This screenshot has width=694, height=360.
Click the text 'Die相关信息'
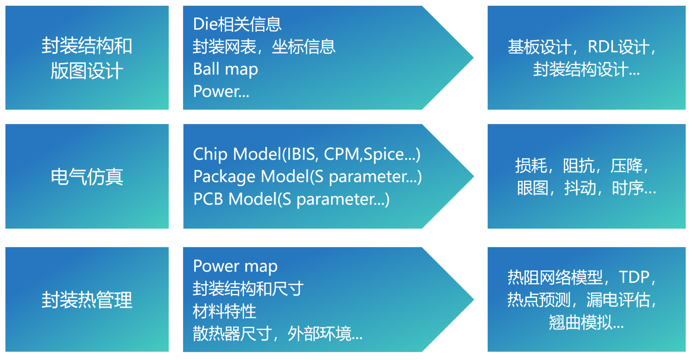tap(237, 24)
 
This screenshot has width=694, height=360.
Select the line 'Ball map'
tap(226, 69)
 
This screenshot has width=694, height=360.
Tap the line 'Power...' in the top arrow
tap(221, 91)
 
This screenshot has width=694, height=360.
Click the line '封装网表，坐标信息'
tap(264, 47)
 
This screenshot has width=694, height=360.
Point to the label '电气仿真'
tap(87, 177)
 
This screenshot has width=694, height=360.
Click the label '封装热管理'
tap(87, 300)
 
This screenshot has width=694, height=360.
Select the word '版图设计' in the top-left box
tap(87, 71)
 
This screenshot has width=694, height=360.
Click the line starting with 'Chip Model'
tap(307, 154)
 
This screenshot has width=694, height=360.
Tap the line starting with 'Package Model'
tap(308, 177)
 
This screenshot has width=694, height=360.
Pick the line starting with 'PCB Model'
tap(291, 199)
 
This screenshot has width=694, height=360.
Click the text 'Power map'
tap(235, 266)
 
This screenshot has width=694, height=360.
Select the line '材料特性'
tap(224, 312)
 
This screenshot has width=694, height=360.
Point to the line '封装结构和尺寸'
tap(248, 289)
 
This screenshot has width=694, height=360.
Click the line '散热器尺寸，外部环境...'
tap(278, 334)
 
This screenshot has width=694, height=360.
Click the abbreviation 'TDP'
tap(634, 277)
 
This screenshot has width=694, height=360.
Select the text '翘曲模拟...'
tap(587, 322)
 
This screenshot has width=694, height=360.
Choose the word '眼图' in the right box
tap(533, 188)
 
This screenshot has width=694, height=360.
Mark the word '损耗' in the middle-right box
tap(531, 166)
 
